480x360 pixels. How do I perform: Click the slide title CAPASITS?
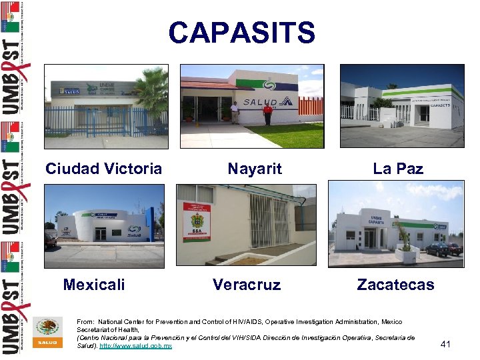click(x=241, y=32)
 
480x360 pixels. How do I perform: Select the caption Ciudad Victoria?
click(x=103, y=169)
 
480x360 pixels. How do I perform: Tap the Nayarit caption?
click(x=255, y=169)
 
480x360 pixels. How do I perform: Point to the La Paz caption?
click(x=398, y=169)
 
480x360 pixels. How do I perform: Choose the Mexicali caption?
click(x=94, y=285)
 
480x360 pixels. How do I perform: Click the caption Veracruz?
click(x=247, y=285)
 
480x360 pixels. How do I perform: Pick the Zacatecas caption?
click(x=395, y=285)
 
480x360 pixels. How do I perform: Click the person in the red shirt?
click(x=267, y=114)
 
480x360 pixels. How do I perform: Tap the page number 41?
click(x=446, y=344)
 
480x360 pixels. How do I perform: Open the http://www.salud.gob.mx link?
click(x=135, y=346)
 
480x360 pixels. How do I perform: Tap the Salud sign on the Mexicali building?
click(x=134, y=234)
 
